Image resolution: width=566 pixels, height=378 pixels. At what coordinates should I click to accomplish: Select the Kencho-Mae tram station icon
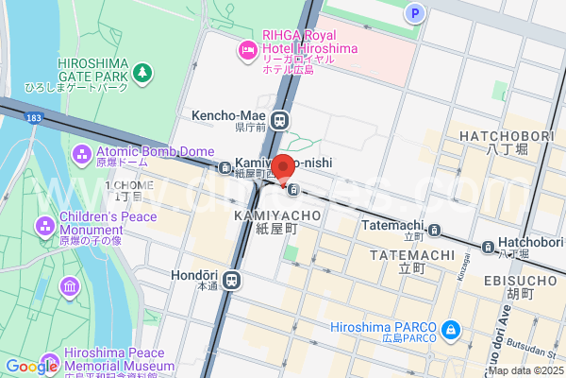(x=280, y=120)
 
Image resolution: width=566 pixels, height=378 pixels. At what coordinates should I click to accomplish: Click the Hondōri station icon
(x=232, y=281)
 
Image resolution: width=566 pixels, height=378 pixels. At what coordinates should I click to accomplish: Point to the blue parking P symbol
(x=412, y=12)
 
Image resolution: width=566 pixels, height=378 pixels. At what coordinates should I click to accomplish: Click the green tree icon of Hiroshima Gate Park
(x=142, y=72)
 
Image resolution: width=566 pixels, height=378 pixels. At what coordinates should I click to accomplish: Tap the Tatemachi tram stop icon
(x=434, y=230)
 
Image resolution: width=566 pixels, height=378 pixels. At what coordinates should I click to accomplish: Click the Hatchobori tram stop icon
(x=489, y=248)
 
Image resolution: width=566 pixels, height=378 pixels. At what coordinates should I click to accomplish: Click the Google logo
(x=31, y=367)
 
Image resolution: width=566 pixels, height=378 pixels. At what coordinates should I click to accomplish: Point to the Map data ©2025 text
(x=524, y=369)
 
